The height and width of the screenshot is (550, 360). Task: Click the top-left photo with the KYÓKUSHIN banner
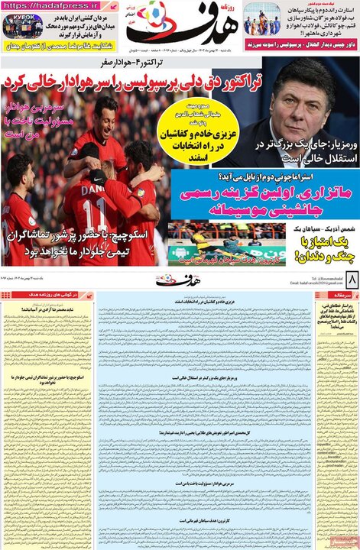pos(24,25)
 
